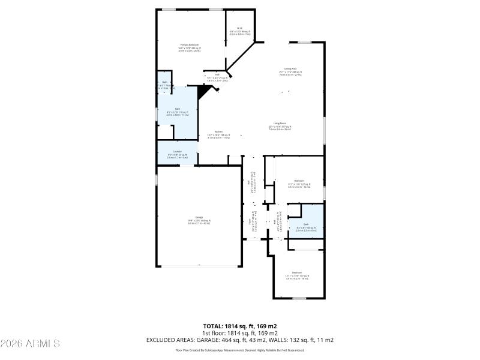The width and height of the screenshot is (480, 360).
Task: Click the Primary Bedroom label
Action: (x=190, y=45)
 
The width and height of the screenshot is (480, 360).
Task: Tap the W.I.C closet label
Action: (x=239, y=29)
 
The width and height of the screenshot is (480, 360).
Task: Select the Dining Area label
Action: (x=290, y=69)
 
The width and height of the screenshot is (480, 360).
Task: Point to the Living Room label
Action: (x=280, y=124)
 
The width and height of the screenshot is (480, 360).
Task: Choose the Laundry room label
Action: (x=177, y=152)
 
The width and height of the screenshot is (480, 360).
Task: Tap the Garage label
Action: (x=199, y=217)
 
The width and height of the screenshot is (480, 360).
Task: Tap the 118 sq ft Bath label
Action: (x=177, y=109)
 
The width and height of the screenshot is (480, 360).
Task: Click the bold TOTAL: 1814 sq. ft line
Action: (x=239, y=326)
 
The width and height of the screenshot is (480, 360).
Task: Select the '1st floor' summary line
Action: (x=239, y=333)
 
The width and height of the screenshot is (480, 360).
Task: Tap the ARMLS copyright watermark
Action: (x=30, y=344)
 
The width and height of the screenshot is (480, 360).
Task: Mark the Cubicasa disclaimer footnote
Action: (x=239, y=350)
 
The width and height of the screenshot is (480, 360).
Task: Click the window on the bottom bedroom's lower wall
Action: (x=299, y=298)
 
